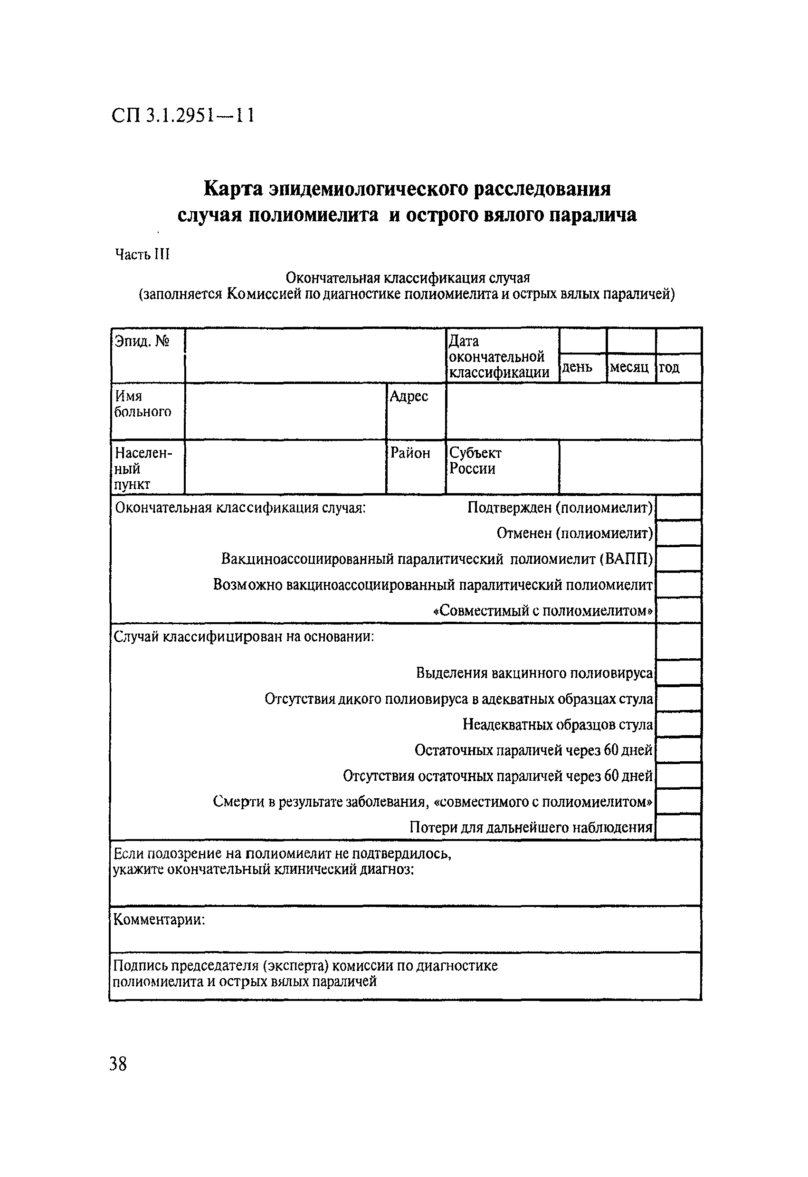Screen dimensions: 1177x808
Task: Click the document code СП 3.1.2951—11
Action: [x=182, y=116]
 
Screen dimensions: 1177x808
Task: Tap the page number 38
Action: [x=118, y=1063]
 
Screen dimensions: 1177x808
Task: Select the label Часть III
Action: [x=142, y=254]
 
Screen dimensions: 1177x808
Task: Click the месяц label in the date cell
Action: [x=629, y=367]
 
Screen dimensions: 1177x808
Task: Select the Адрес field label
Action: [x=409, y=397]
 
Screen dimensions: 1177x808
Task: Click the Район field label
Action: [x=409, y=453]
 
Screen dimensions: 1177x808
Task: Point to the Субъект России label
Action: [x=475, y=460]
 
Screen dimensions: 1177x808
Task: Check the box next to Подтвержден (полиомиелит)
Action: [x=679, y=507]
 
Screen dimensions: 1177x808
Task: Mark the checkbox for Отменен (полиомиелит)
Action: [x=679, y=533]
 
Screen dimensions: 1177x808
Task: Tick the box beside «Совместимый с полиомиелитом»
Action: [x=679, y=610]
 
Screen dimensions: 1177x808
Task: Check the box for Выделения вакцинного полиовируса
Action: [x=679, y=673]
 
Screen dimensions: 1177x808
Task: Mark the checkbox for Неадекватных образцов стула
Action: [x=679, y=724]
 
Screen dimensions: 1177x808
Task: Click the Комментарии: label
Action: [x=159, y=919]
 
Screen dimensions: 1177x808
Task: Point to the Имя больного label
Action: [x=143, y=403]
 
